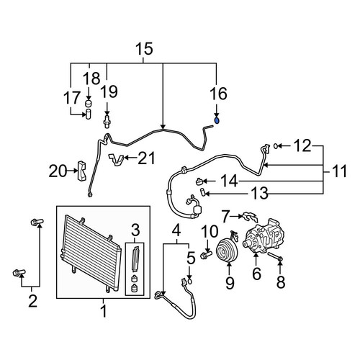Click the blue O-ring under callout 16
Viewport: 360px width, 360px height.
point(217,121)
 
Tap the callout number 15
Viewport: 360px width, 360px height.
point(144,49)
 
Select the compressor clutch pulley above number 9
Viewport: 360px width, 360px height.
point(227,251)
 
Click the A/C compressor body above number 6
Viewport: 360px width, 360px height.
point(264,235)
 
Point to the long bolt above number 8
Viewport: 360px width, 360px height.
point(275,256)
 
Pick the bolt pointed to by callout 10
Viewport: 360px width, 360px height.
point(206,254)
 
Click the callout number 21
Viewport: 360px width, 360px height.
point(147,158)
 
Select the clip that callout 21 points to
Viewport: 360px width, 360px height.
point(117,160)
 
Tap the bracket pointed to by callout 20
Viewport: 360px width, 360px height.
point(81,171)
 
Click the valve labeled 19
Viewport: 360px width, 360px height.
point(107,120)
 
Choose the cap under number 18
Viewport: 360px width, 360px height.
point(89,104)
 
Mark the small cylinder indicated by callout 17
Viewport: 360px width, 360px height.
point(88,114)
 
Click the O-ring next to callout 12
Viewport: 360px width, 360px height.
point(276,145)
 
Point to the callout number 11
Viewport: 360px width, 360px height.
point(339,171)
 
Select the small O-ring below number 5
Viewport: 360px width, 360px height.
point(189,281)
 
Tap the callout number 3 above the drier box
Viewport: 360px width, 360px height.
point(135,230)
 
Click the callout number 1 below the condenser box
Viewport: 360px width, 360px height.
point(104,311)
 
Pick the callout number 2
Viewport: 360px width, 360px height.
point(32,301)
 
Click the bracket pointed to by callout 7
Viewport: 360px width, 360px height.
point(250,217)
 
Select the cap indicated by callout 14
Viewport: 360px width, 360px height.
point(199,181)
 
